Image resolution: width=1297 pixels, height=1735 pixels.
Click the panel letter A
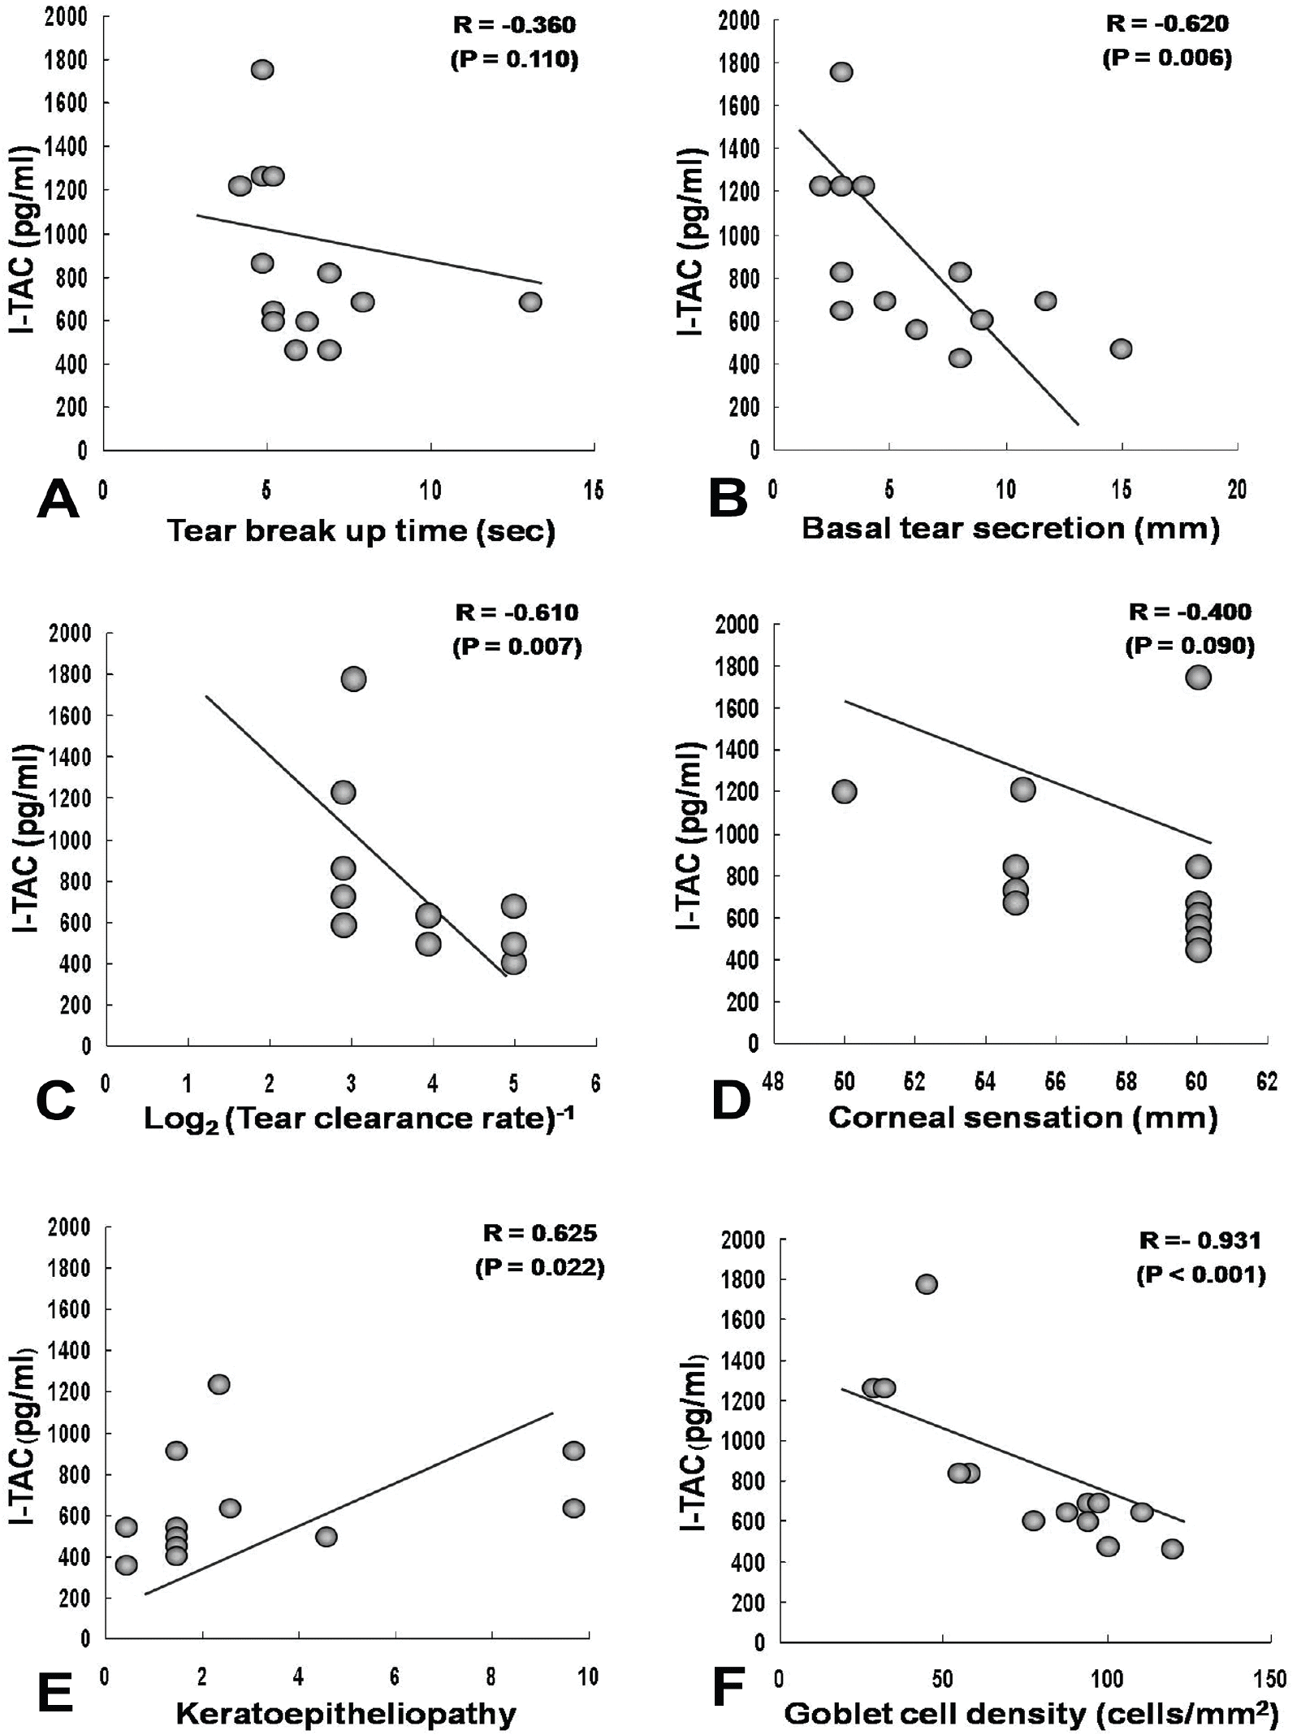pos(58,499)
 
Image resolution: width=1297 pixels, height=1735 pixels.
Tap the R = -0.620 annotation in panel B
pos(1167,24)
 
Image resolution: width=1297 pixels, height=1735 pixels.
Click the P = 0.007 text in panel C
pos(517,647)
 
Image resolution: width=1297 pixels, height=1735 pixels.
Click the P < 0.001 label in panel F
pos(1201,1274)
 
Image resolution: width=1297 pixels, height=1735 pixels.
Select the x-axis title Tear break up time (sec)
pos(361,531)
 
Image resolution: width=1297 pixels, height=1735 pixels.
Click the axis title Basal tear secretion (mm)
pos(1010,529)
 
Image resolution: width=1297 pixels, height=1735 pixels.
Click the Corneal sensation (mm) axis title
pos(1022,1118)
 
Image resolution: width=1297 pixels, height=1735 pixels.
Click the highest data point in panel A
pos(262,70)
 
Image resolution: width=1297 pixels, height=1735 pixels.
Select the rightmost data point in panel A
pos(530,302)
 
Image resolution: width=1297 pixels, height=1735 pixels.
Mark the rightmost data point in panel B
pos(1122,348)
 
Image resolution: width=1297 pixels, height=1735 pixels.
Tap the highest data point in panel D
pos(1198,677)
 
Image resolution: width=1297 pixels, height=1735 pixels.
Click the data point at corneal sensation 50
pos(845,791)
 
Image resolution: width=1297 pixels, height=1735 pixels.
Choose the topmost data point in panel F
pos(927,1284)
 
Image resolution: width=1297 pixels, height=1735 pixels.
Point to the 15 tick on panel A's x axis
pos(594,491)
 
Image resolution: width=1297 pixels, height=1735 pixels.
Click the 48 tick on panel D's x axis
pos(774,1082)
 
